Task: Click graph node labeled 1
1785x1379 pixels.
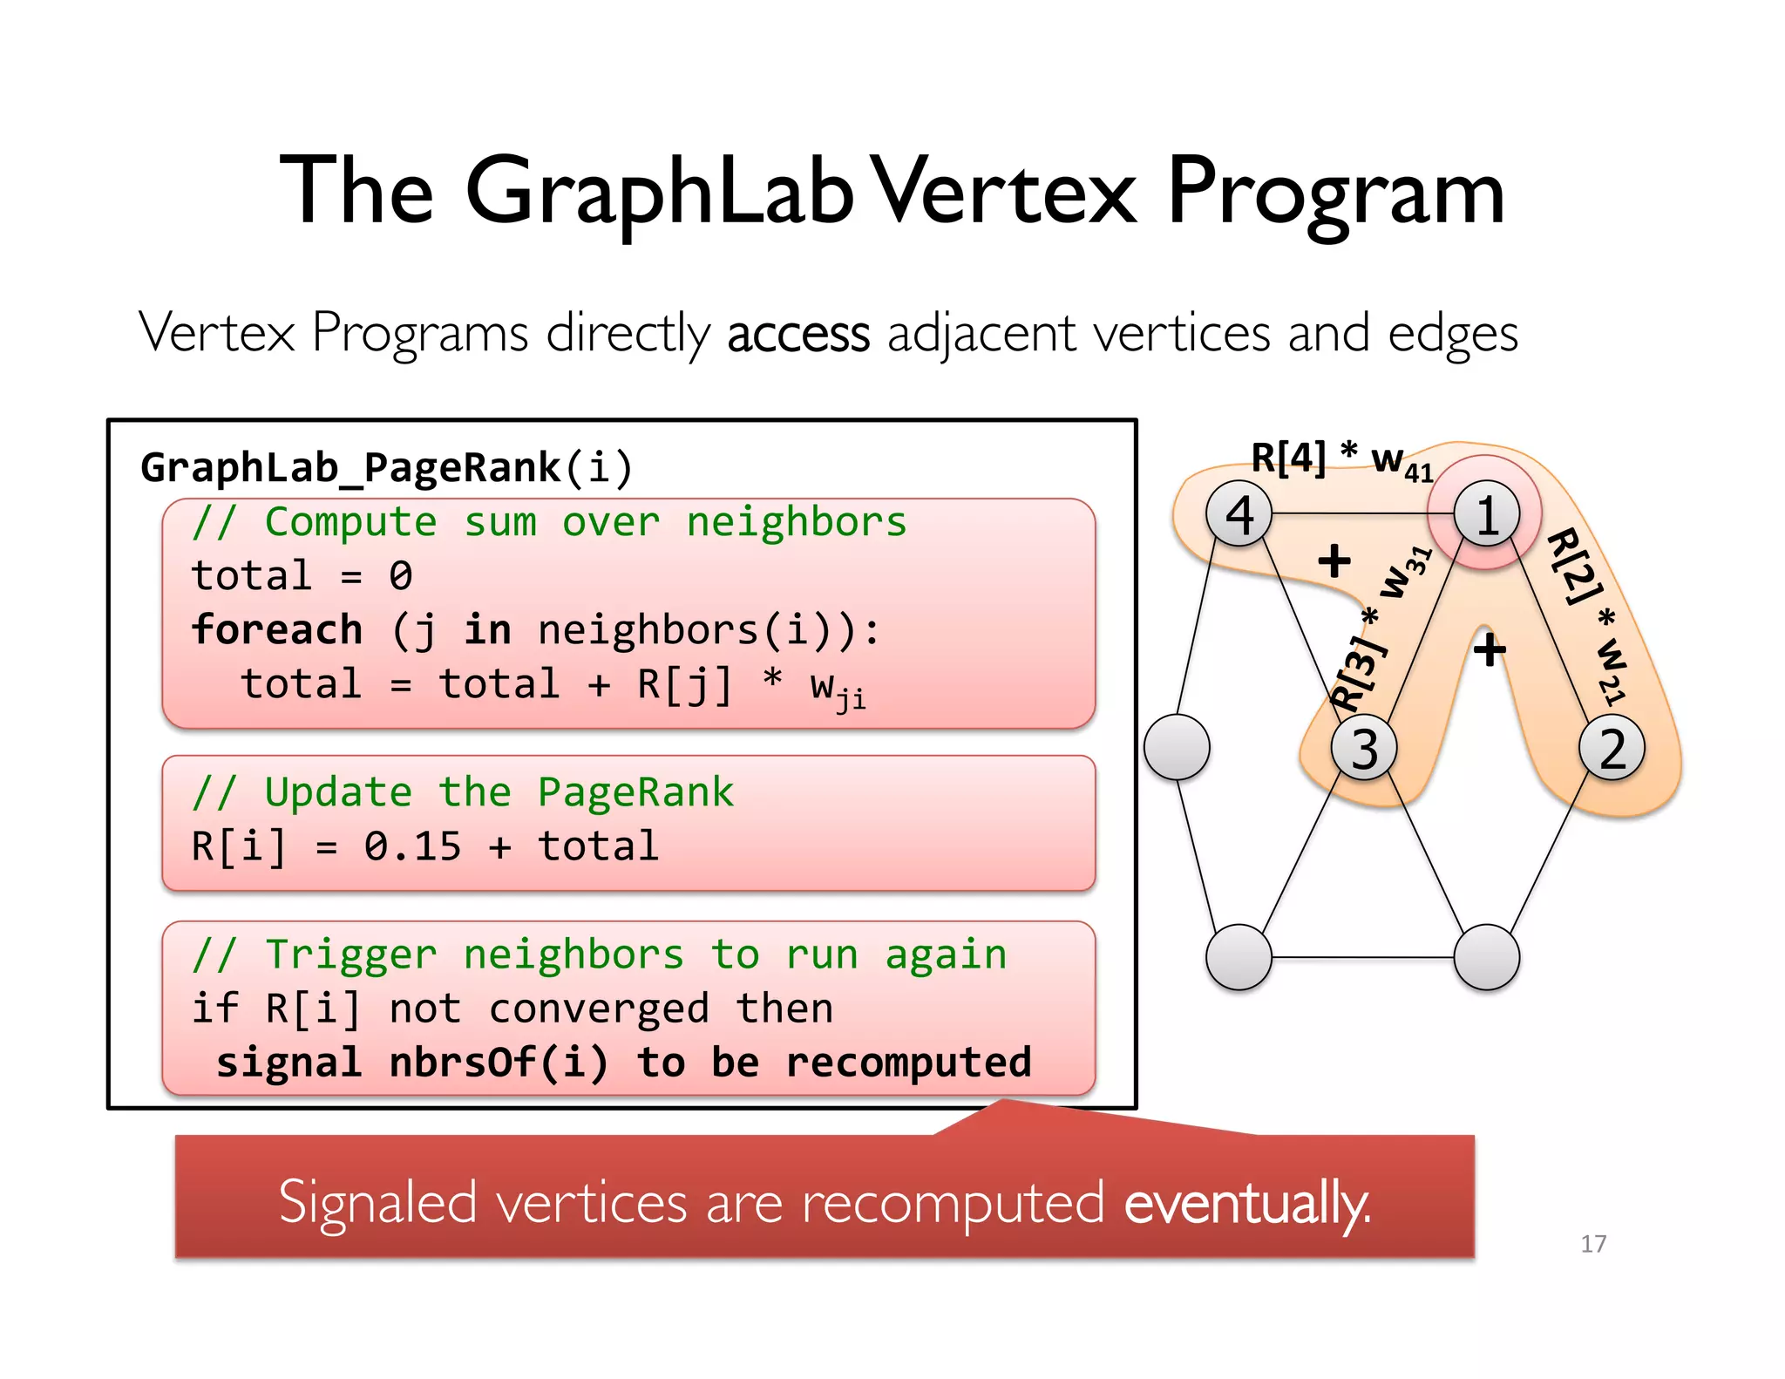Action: click(1487, 514)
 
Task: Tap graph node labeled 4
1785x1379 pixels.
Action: click(1239, 514)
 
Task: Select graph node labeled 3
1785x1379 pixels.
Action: click(1364, 748)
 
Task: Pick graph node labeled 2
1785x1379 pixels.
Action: click(1612, 748)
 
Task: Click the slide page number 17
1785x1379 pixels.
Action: click(1593, 1244)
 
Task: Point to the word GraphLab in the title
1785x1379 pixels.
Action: click(660, 192)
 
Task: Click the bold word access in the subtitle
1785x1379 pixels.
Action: click(798, 335)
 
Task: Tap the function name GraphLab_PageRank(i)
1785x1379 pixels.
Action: click(386, 467)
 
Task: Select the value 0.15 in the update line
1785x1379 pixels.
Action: click(412, 846)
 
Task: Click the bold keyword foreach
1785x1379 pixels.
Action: click(277, 630)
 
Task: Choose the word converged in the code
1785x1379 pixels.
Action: click(599, 1009)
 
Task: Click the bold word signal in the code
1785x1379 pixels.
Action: click(288, 1063)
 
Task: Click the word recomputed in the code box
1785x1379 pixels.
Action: click(908, 1063)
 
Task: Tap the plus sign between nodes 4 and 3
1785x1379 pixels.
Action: click(1334, 560)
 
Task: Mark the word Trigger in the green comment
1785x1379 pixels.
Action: click(350, 955)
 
